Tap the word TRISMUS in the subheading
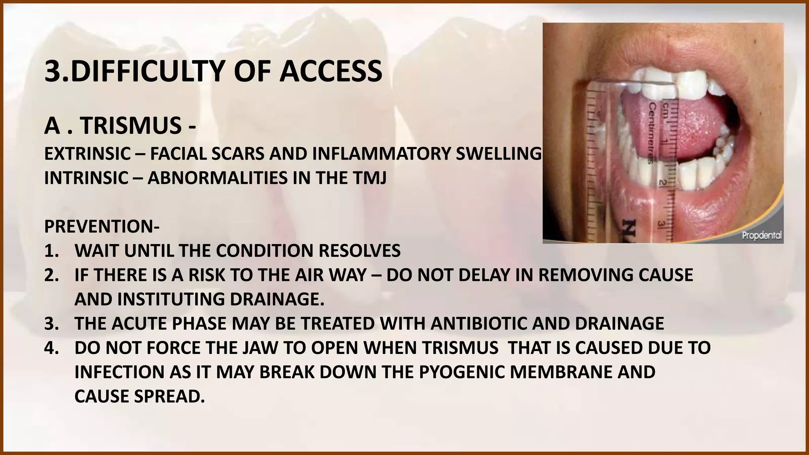click(x=130, y=126)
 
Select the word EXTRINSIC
click(x=87, y=154)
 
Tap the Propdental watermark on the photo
click(x=762, y=236)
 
